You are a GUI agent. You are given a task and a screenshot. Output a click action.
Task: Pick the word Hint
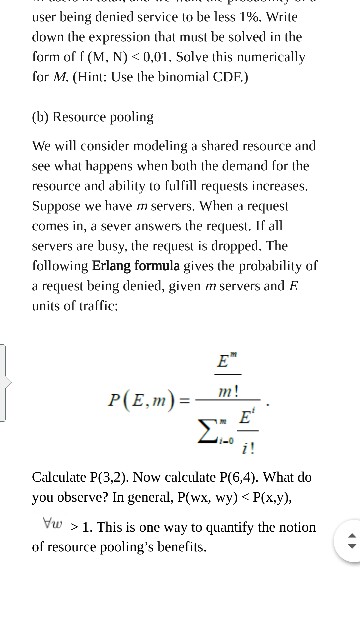pyautogui.click(x=105, y=73)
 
